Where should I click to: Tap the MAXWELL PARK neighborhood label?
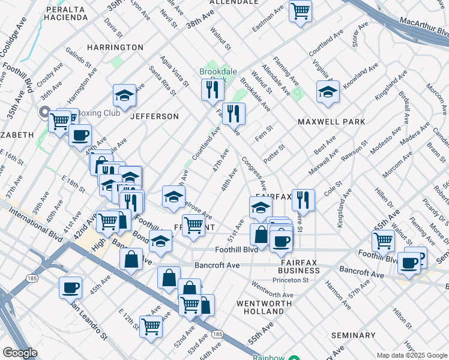[331, 122]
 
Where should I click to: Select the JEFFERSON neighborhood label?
[155, 116]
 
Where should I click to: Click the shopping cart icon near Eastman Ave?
[300, 10]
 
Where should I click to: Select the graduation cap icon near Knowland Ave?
[328, 92]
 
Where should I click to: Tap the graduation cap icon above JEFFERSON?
[124, 95]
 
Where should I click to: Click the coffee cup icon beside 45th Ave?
[70, 287]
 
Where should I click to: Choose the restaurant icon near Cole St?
[303, 199]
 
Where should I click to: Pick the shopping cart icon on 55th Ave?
[383, 241]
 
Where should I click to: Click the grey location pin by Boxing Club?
[44, 112]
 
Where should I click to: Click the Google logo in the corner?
[20, 353]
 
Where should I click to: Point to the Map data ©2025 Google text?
[411, 355]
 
